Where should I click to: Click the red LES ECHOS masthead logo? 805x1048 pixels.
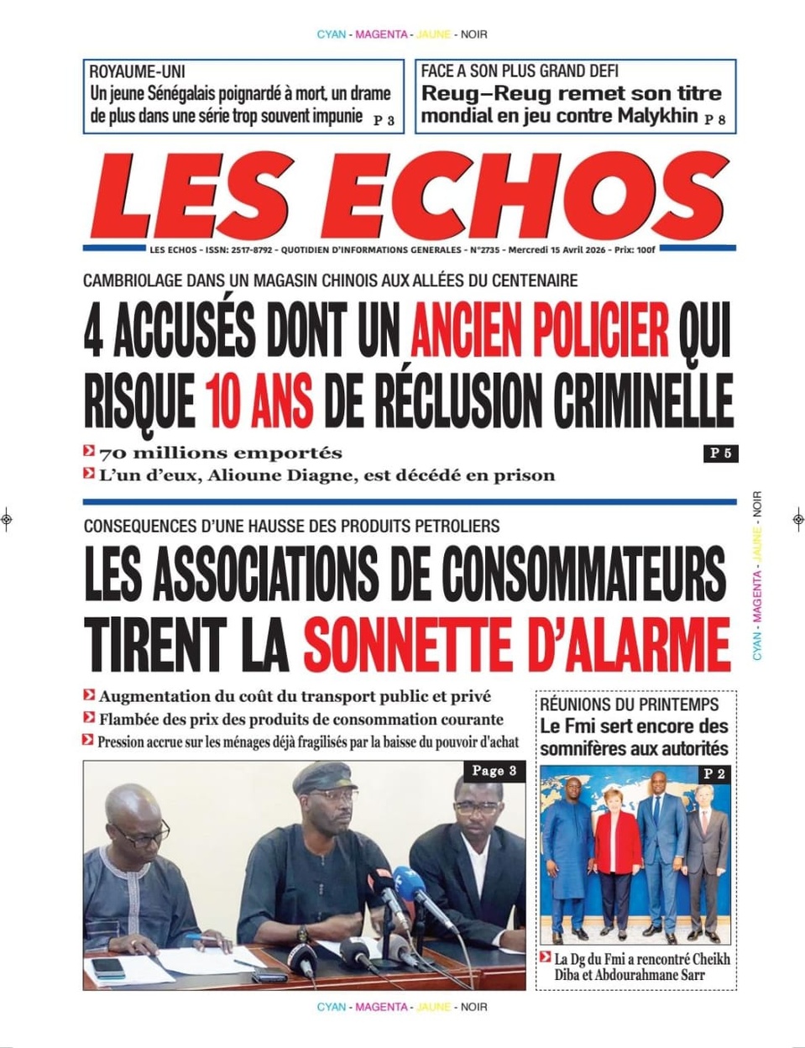410,196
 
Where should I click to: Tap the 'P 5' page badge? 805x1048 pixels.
720,453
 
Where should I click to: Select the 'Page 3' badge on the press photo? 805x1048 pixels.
494,771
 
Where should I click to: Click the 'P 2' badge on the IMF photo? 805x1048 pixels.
714,773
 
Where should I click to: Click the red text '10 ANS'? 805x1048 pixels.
259,399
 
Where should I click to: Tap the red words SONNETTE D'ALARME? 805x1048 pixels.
516,643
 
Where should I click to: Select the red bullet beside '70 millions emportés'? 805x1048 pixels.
88,452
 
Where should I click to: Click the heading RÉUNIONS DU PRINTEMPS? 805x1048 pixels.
629,705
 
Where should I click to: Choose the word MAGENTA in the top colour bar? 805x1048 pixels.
381,34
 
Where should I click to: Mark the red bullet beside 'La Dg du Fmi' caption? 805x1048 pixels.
546,957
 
